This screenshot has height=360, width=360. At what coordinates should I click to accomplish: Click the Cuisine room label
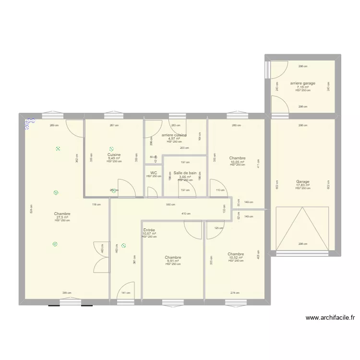tap(114, 155)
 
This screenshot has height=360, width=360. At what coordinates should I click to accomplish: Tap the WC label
tap(154, 173)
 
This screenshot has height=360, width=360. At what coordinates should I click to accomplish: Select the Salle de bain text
tap(185, 173)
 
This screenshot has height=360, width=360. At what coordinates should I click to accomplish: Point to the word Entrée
tap(149, 230)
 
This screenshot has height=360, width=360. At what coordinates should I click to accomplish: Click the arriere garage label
tap(303, 83)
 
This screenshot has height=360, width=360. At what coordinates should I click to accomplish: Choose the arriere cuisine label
tap(174, 135)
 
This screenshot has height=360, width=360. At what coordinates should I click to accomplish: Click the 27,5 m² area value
tap(62, 217)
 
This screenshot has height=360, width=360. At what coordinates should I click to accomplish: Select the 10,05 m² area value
tap(237, 162)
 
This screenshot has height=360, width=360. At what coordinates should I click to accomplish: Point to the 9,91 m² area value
tap(173, 261)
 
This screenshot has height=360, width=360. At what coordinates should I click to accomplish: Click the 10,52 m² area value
tap(236, 258)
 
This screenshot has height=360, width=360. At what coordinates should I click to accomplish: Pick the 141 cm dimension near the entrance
tap(125, 293)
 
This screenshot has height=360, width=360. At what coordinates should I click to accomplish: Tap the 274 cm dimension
tap(234, 293)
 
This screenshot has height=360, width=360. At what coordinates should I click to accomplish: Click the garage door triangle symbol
tap(301, 228)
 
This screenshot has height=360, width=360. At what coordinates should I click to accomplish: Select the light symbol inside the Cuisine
tap(111, 149)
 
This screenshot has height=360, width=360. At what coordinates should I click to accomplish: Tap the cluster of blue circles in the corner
tap(30, 123)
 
